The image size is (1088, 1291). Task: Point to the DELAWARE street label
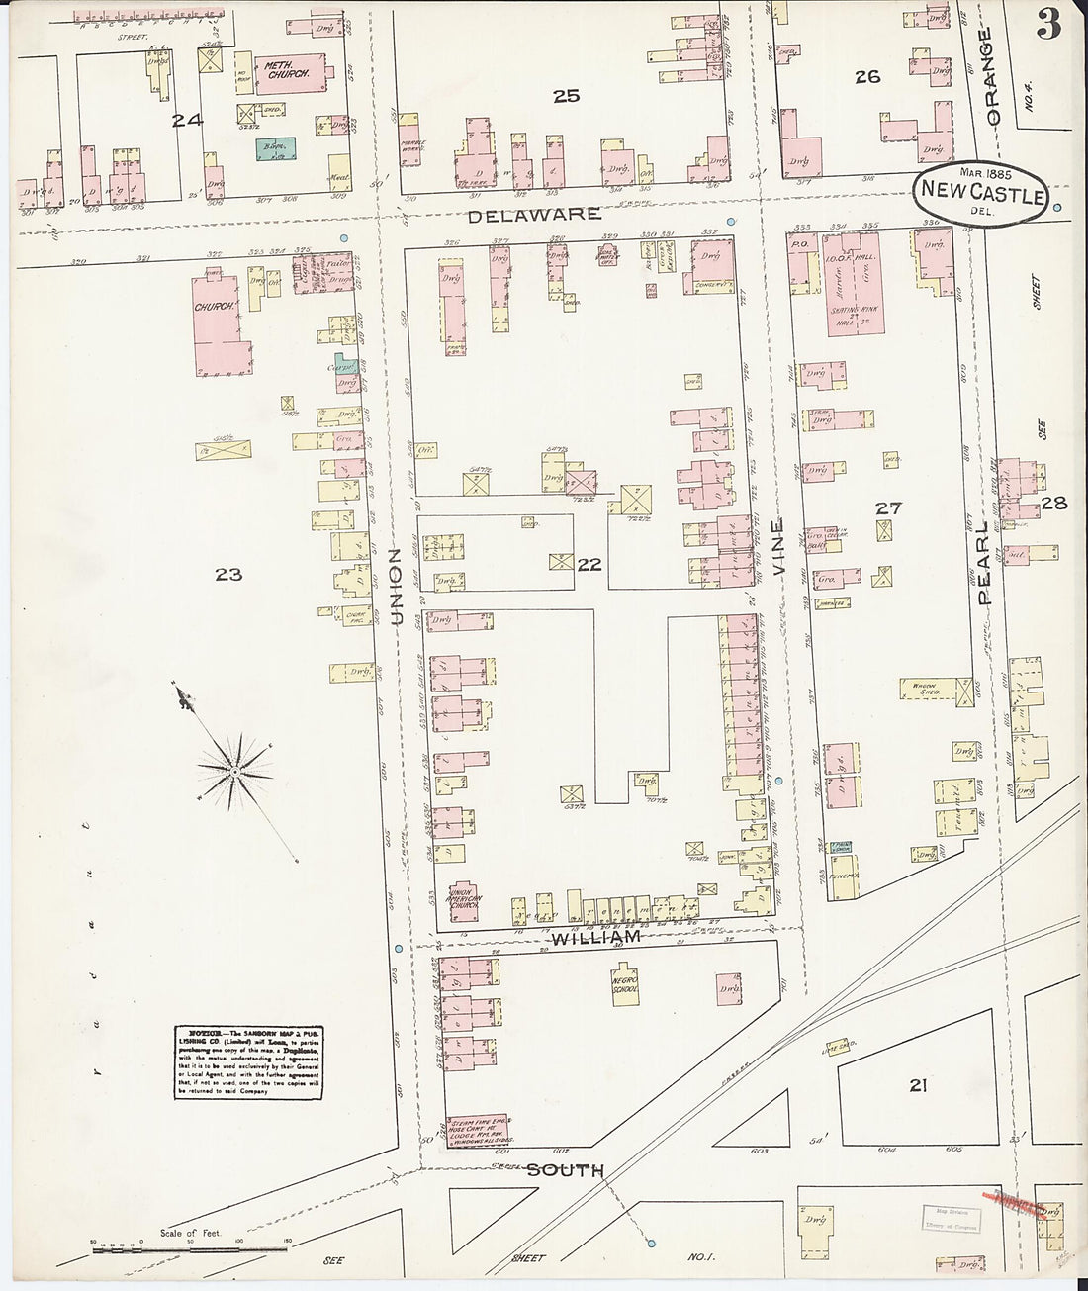(534, 214)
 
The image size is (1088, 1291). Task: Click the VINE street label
(779, 548)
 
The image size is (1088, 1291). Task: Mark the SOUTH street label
(565, 1170)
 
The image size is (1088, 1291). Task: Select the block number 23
(229, 574)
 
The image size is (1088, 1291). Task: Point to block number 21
(918, 1086)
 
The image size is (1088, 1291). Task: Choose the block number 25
(566, 96)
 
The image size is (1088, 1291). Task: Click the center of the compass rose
(237, 768)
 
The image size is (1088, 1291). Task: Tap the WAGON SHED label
(924, 690)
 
